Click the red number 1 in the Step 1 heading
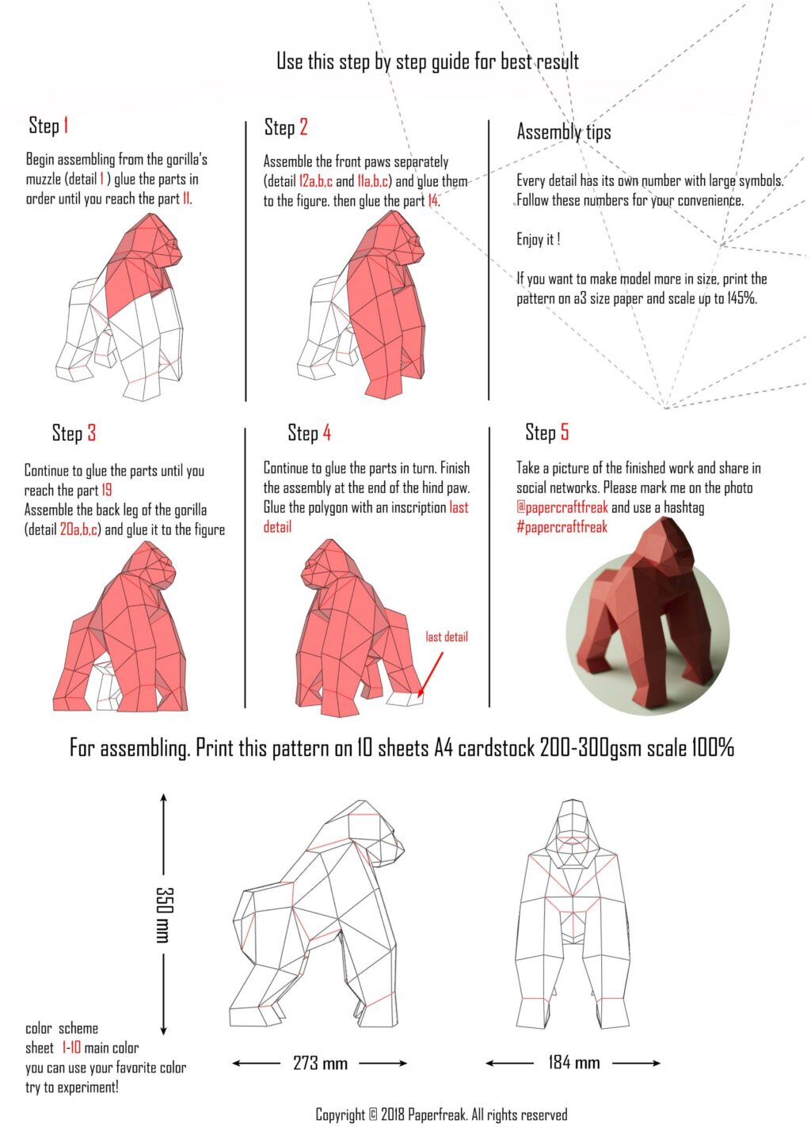point(67,126)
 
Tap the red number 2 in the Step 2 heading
point(303,127)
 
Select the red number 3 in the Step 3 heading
point(92,433)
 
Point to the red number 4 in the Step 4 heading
point(326,433)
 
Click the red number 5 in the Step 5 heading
point(565,432)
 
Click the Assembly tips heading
point(564,132)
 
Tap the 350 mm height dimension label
point(163,914)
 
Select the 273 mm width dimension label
point(320,1063)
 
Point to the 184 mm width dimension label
point(573,1062)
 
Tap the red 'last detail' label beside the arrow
point(447,636)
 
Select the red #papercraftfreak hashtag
point(562,527)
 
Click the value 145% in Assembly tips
point(741,298)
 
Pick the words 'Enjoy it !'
point(539,239)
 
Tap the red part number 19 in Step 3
point(107,490)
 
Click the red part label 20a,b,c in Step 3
point(80,529)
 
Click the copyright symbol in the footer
point(373,1115)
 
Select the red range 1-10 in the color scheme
point(71,1048)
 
